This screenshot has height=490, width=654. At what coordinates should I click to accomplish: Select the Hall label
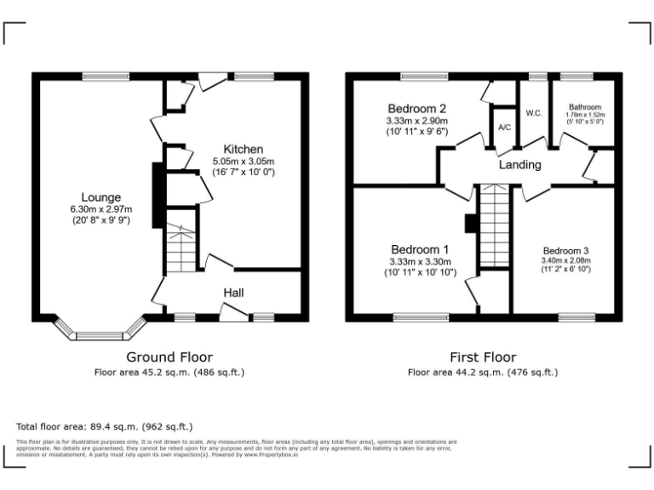[234, 293]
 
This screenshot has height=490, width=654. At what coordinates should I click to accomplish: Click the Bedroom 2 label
[416, 109]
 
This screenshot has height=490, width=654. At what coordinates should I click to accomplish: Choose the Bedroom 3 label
[566, 251]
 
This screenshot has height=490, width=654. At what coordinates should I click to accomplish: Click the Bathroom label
[585, 107]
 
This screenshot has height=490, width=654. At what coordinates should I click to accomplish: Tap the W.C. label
[535, 112]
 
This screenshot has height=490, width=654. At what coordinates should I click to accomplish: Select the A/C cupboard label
[504, 128]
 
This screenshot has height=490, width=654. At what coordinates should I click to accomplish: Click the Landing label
[519, 165]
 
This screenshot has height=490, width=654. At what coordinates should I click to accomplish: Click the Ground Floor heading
[169, 357]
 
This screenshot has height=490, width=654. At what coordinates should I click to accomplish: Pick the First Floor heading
[483, 357]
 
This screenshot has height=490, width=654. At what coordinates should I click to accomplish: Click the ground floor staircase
[180, 246]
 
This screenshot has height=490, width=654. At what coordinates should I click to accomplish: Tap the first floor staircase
[493, 226]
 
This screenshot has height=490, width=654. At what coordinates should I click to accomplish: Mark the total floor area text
[105, 426]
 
